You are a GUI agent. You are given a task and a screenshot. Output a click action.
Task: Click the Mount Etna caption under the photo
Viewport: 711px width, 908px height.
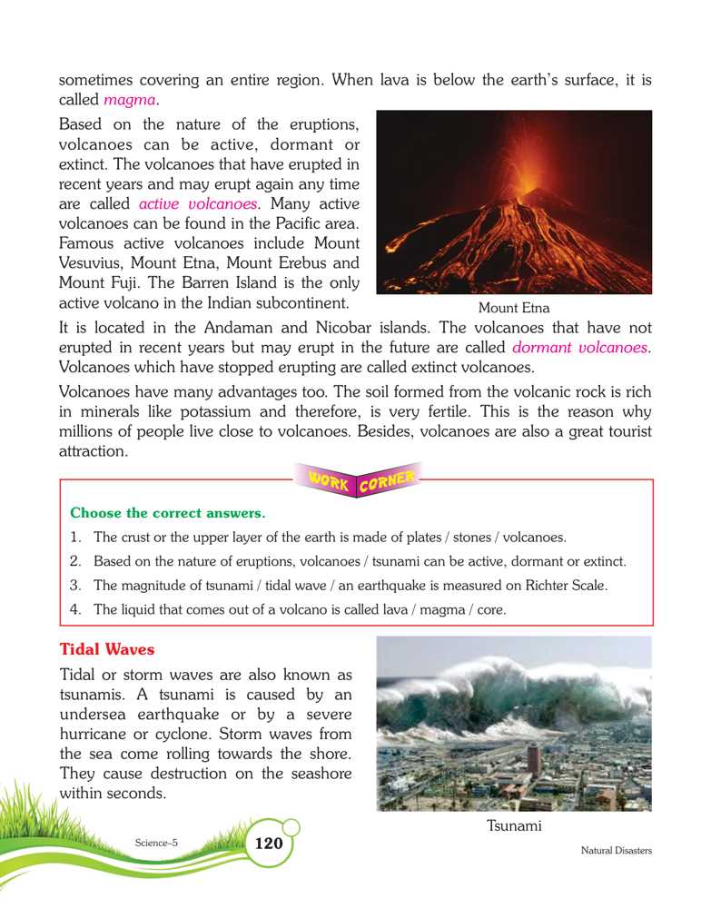click(513, 309)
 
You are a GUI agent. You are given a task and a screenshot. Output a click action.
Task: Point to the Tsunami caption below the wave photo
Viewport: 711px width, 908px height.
click(514, 826)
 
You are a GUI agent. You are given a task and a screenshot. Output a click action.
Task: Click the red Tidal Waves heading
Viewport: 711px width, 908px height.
click(106, 650)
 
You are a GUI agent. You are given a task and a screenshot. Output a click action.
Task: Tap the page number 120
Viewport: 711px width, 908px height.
click(269, 844)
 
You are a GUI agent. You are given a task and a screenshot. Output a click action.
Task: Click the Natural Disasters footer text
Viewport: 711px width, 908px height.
click(617, 851)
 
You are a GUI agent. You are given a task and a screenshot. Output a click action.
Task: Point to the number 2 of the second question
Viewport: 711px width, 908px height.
click(75, 561)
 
